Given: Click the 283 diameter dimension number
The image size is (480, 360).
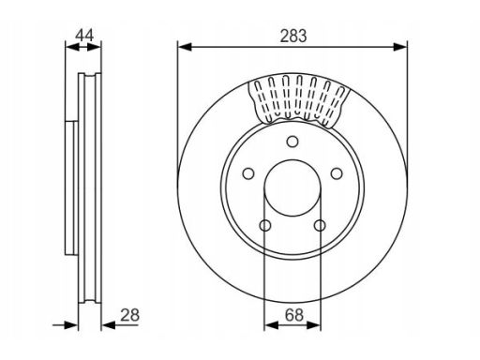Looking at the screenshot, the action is [x=293, y=36].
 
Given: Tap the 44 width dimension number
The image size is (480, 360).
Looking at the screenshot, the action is [x=84, y=35].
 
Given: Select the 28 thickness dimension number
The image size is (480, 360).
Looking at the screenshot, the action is [x=129, y=315].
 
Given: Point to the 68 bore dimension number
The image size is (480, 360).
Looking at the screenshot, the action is [x=294, y=315].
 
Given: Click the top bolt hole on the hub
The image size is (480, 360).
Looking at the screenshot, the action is [x=292, y=142].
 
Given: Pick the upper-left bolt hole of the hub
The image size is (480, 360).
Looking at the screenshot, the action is [x=248, y=173].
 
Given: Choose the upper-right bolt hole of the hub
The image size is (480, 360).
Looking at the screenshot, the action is [x=337, y=173].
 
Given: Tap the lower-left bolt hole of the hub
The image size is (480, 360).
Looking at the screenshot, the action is [x=265, y=225].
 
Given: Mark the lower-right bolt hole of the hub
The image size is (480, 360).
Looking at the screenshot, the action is [x=320, y=225].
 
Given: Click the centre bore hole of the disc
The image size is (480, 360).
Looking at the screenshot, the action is [x=292, y=187].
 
